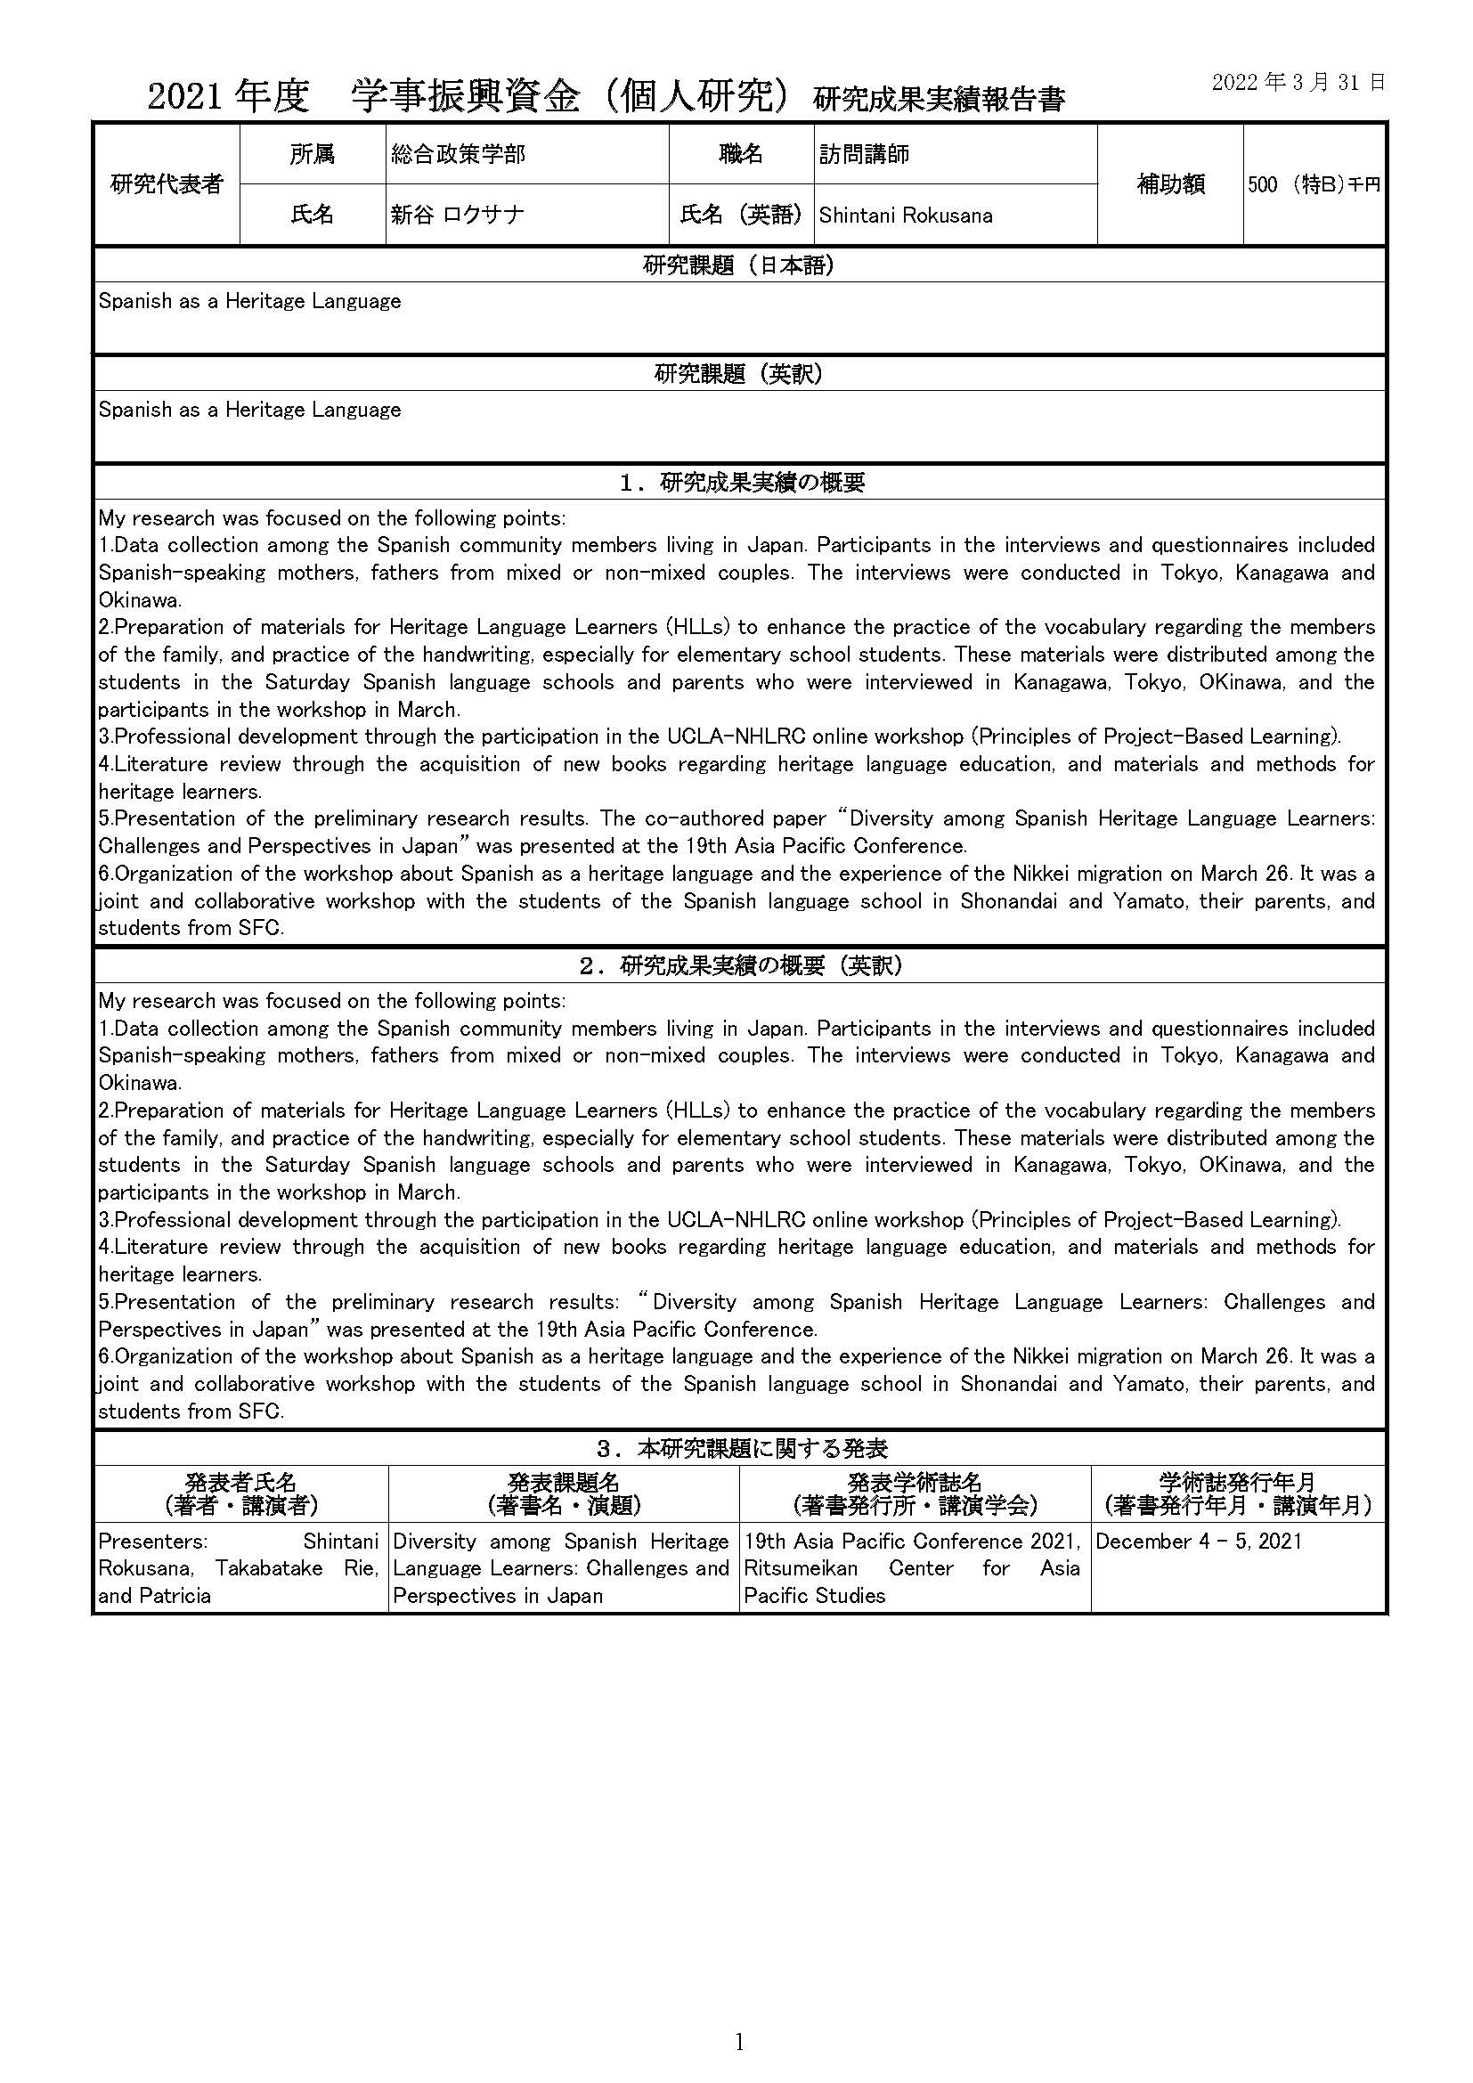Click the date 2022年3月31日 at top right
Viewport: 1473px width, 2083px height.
(1298, 83)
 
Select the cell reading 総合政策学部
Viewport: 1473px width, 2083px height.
(458, 155)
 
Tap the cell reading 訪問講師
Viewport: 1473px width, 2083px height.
(864, 155)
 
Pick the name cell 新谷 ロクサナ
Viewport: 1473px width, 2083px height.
(457, 215)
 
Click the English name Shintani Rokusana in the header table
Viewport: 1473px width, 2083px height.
(905, 216)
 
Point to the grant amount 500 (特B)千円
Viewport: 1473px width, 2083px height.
(1314, 185)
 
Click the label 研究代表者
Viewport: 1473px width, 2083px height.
(166, 184)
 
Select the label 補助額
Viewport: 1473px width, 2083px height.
(1170, 184)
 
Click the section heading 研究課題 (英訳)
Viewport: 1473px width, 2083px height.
(738, 374)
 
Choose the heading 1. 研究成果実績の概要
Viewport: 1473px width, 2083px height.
(738, 483)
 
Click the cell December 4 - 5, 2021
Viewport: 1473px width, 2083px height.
(1198, 1542)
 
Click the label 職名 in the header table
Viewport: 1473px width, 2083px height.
(741, 154)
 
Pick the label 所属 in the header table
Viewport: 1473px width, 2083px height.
(312, 154)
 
